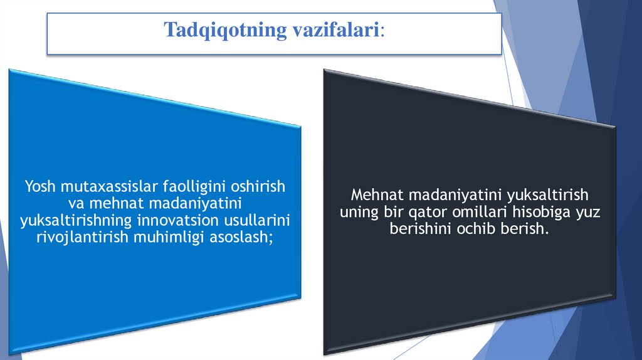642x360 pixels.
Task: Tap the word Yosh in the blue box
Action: point(38,186)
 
